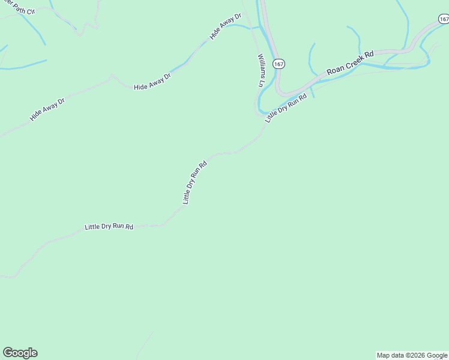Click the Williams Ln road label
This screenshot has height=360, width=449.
(261, 70)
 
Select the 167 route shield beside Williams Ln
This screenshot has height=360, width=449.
(278, 63)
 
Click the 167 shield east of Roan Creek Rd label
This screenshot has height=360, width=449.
(444, 19)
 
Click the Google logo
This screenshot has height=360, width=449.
(20, 353)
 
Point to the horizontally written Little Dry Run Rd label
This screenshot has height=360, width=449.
(109, 227)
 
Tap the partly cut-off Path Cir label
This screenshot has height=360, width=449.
(10, 9)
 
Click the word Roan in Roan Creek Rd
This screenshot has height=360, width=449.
(335, 70)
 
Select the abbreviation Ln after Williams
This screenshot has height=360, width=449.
(261, 84)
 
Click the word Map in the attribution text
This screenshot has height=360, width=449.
(384, 355)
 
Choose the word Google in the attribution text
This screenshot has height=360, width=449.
(437, 355)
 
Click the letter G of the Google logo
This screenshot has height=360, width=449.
(8, 353)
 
